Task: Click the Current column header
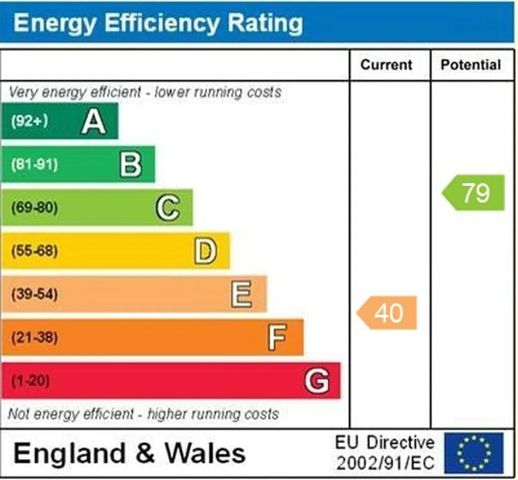pos(386,65)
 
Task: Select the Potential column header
pos(471,65)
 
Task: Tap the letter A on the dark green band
pos(94,121)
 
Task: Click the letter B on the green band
pos(131,165)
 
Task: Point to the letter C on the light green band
pos(168,208)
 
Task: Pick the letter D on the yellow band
pos(205,251)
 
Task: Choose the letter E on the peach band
pos(241,294)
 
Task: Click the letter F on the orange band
pos(277,337)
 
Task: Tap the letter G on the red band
pos(317,380)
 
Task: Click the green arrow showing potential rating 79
pos(473,193)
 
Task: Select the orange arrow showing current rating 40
pos(387,313)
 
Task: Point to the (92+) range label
pos(29,121)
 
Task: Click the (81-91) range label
pos(34,164)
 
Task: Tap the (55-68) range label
pos(34,251)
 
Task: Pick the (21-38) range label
pos(34,337)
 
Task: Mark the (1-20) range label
pos(30,380)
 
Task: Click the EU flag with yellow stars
pos(473,453)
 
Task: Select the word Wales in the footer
pos(205,453)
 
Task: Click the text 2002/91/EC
pos(385,463)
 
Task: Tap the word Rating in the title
pos(265,23)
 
